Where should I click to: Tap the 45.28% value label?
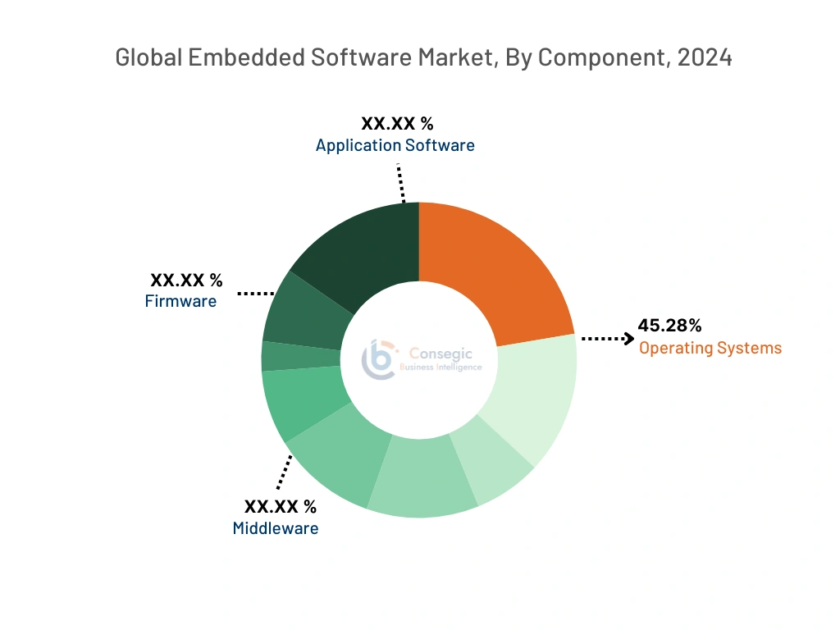669,326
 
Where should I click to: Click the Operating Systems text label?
710,348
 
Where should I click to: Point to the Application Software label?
395,145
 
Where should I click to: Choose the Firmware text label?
180,301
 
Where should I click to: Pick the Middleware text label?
276,528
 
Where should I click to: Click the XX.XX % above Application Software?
397,124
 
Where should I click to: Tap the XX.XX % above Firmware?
186,281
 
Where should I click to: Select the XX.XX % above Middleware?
280,506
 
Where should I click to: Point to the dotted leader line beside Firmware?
255,293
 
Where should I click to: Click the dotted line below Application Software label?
401,182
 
